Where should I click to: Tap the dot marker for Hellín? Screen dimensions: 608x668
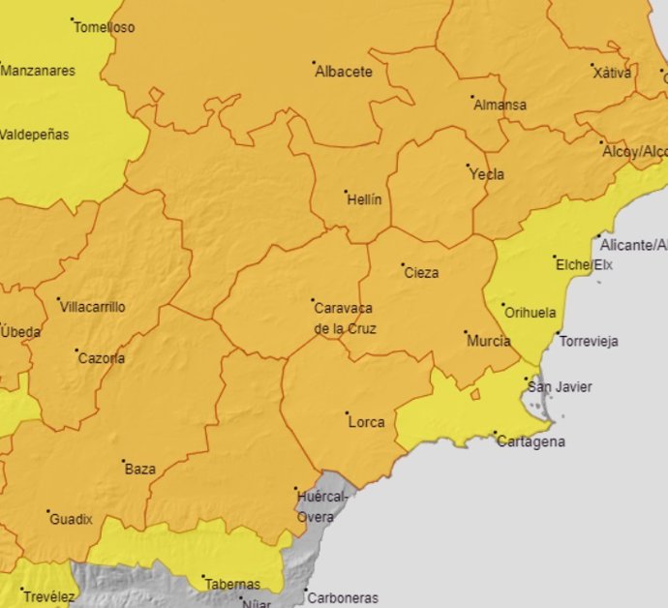click(347, 192)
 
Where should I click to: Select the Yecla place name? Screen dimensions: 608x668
click(486, 175)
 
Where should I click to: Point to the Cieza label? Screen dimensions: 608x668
click(420, 273)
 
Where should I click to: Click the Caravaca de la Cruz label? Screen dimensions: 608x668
click(345, 318)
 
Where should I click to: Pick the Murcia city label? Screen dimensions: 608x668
click(488, 342)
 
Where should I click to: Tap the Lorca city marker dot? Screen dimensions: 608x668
click(348, 413)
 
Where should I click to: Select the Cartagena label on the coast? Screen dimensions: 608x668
click(531, 442)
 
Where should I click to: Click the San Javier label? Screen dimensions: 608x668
click(559, 387)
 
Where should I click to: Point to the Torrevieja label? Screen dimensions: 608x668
click(589, 342)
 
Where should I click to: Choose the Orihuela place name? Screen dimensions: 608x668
click(530, 313)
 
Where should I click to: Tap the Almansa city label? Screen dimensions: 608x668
click(500, 106)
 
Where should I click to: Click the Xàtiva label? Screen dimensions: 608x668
click(611, 73)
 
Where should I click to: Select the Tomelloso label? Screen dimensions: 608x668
click(105, 28)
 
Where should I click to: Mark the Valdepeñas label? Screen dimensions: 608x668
click(34, 135)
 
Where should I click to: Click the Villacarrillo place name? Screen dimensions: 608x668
click(93, 307)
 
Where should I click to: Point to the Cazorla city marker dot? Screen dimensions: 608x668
click(77, 350)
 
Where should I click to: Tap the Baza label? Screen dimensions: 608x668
click(140, 470)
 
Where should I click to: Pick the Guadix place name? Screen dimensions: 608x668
click(71, 519)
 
